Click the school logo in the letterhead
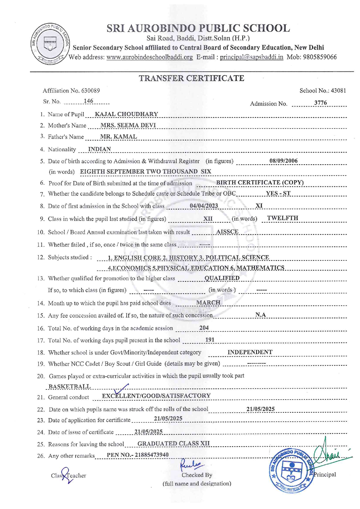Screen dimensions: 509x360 click(x=50, y=44)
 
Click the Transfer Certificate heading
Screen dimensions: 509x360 click(x=191, y=78)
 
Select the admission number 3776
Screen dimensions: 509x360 click(x=320, y=103)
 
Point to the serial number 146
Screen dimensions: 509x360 click(x=88, y=101)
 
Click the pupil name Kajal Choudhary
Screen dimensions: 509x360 click(x=126, y=114)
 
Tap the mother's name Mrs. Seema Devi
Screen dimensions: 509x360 click(x=128, y=125)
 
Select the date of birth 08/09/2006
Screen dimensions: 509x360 click(x=283, y=161)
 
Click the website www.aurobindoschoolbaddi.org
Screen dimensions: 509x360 click(x=150, y=57)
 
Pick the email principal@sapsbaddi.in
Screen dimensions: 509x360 click(x=251, y=57)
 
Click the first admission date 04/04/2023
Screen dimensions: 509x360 click(x=204, y=206)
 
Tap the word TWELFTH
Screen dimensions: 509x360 click(x=282, y=218)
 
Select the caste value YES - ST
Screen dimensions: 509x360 click(x=278, y=194)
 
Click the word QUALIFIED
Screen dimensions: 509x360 click(x=222, y=278)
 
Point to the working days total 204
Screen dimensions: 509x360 click(x=204, y=328)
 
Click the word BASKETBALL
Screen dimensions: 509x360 click(x=70, y=387)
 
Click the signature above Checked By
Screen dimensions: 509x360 click(x=191, y=464)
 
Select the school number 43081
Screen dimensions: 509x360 click(x=338, y=91)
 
